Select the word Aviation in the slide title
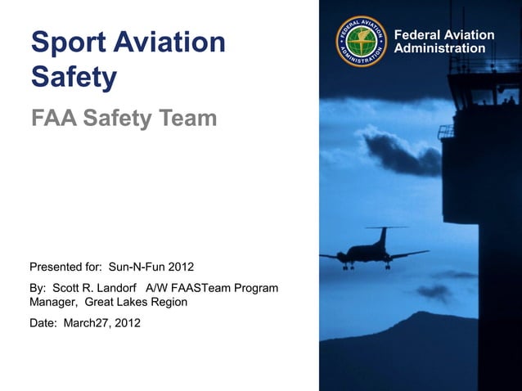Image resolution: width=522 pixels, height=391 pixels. pos(173,43)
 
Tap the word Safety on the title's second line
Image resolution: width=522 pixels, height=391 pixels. pos(74,78)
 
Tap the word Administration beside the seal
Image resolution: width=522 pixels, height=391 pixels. pos(439,49)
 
